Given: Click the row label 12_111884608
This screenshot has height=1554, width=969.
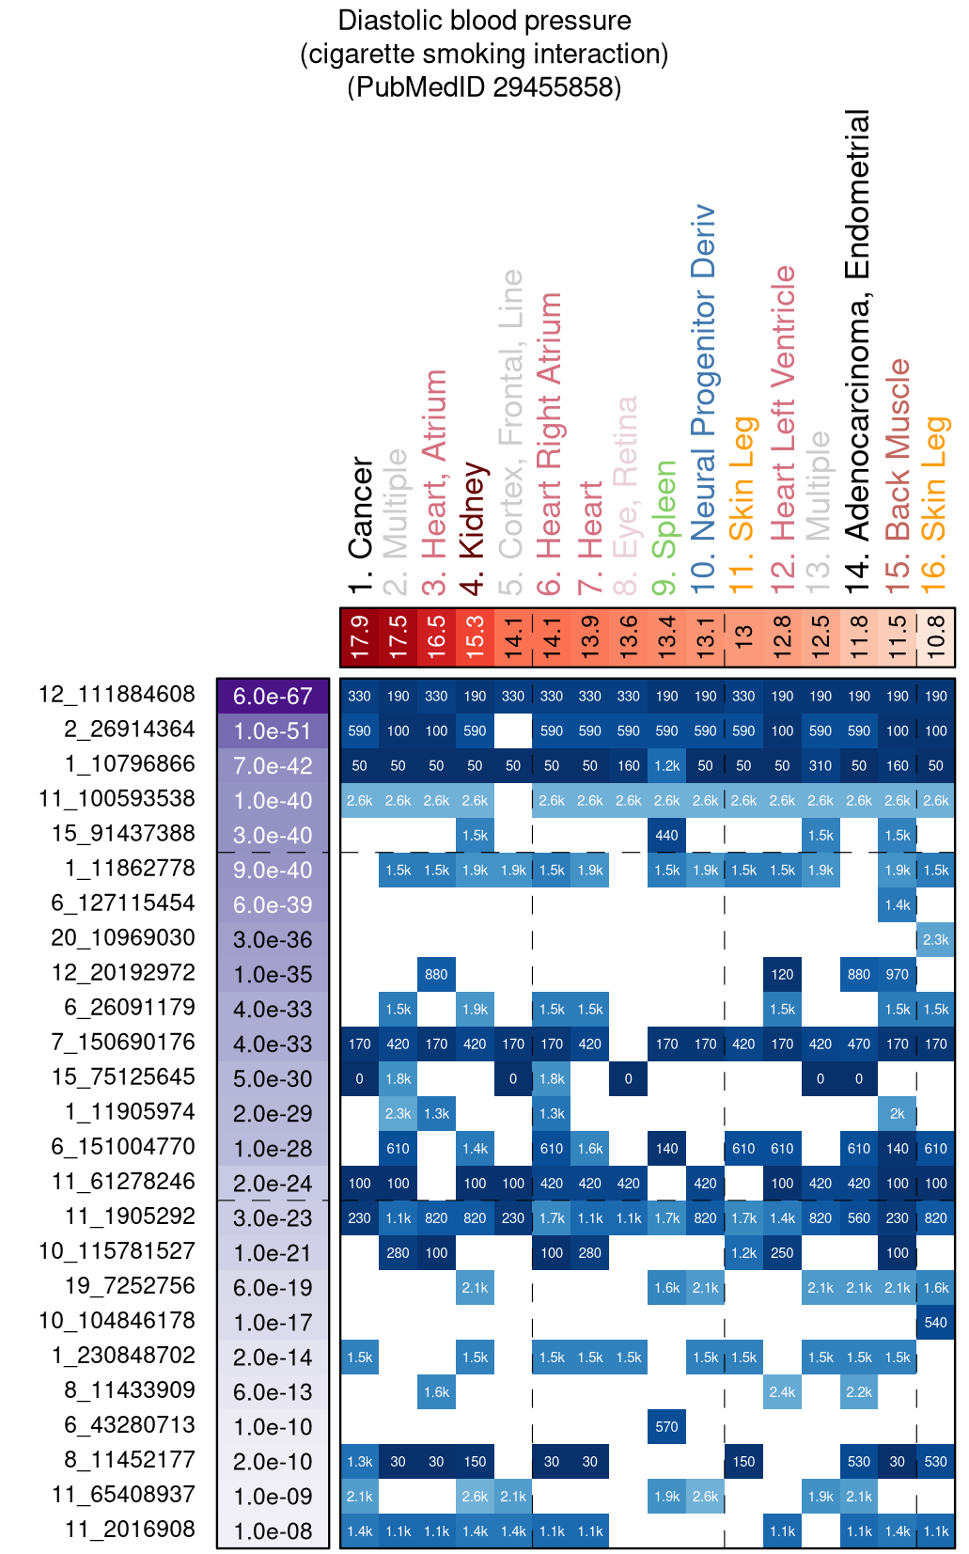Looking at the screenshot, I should (117, 695).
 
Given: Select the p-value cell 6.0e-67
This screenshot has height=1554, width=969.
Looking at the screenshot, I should (273, 697).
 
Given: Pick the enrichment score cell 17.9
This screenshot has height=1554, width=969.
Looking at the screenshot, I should (360, 636).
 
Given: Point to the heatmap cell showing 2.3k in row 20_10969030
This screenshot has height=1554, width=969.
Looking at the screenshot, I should (935, 939).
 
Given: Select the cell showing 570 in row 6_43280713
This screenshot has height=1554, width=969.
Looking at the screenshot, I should (666, 1426).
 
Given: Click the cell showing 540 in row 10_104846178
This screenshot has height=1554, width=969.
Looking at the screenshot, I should (935, 1322).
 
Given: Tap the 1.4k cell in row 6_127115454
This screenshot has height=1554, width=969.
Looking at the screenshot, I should (897, 904).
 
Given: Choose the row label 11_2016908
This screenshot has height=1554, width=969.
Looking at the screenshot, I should (130, 1530).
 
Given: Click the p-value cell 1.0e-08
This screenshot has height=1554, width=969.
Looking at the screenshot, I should (273, 1531).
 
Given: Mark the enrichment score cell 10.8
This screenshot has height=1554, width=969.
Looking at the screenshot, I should (935, 636).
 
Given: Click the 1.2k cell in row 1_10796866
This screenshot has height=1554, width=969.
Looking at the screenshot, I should (666, 765).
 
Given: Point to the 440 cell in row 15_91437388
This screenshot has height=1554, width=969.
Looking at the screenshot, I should (666, 835).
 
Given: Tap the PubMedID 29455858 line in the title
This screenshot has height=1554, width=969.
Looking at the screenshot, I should (484, 87).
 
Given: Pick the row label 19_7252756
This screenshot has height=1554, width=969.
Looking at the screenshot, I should (130, 1286).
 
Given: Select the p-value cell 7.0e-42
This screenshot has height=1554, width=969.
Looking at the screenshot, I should (273, 766).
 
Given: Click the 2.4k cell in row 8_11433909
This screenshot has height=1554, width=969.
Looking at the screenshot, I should (782, 1391).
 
